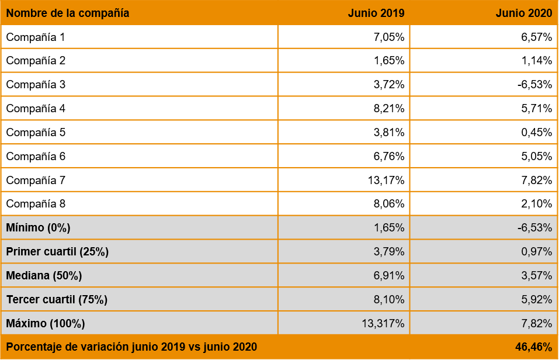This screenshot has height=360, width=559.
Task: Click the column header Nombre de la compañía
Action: click(x=68, y=13)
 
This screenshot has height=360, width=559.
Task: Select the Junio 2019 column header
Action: click(x=376, y=13)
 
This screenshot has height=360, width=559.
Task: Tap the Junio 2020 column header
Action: click(x=523, y=13)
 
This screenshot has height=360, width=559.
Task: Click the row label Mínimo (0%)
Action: click(x=38, y=228)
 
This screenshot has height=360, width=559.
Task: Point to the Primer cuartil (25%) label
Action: click(x=57, y=252)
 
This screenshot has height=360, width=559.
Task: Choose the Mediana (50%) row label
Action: click(x=44, y=276)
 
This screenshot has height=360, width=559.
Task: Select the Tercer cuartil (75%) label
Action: click(x=57, y=300)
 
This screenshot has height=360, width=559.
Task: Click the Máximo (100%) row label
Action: click(x=46, y=323)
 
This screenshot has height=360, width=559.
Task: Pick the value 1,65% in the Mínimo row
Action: click(x=389, y=228)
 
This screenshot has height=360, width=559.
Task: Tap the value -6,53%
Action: click(x=534, y=228)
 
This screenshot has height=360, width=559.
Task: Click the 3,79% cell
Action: click(x=389, y=252)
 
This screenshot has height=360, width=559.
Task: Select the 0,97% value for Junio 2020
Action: click(x=536, y=252)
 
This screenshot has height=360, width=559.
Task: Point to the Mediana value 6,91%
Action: click(x=389, y=276)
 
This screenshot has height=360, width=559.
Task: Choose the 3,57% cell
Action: click(x=536, y=276)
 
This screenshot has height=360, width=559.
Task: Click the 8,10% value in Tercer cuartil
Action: click(x=389, y=300)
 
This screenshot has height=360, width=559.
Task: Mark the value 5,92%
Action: click(x=536, y=300)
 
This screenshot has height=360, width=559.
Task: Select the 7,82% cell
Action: click(x=536, y=323)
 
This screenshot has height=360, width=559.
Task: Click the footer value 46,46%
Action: click(x=533, y=347)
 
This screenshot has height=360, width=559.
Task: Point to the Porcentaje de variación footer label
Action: click(x=131, y=347)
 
